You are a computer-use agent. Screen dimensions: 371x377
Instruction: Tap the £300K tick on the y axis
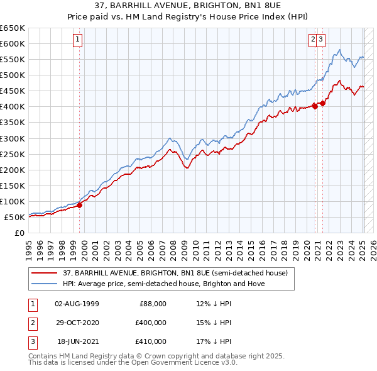[x=12, y=138]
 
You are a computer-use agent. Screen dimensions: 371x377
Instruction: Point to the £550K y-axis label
[x=12, y=59]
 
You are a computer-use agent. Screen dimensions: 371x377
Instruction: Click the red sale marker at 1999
[x=80, y=204]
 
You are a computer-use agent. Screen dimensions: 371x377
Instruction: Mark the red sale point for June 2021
[x=322, y=103]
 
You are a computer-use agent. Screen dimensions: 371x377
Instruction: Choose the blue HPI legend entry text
[x=163, y=284]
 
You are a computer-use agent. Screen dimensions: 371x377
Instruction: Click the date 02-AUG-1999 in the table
[x=77, y=304]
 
